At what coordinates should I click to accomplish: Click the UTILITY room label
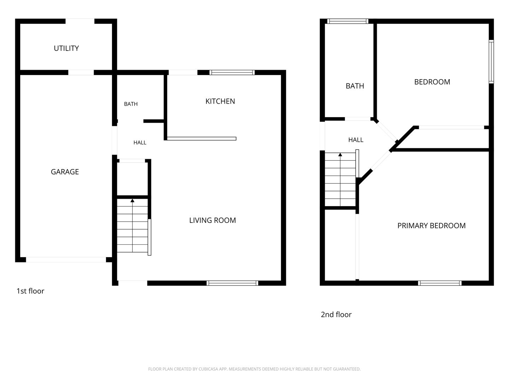(x=66, y=48)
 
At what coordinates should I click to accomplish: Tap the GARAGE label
(x=65, y=172)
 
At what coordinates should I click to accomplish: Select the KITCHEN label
(x=220, y=101)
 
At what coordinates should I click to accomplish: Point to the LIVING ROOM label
(x=212, y=220)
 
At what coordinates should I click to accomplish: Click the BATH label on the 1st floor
(x=131, y=104)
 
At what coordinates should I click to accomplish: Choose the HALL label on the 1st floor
(x=140, y=143)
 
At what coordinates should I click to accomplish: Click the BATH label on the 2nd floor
(x=355, y=86)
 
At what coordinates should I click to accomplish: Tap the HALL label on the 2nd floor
(x=356, y=140)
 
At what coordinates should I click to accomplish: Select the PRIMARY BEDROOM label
(x=431, y=226)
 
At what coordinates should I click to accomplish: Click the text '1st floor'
(x=30, y=291)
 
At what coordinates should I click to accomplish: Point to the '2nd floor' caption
(x=336, y=314)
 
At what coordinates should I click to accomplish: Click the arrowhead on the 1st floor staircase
(x=133, y=201)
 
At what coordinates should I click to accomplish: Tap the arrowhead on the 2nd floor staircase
(x=340, y=155)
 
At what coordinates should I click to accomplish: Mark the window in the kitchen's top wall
(x=232, y=73)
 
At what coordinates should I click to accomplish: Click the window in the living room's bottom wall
(x=232, y=283)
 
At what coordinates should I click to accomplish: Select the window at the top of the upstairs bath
(x=347, y=21)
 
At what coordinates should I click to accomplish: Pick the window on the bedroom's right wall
(x=491, y=62)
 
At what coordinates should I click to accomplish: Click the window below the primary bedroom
(x=440, y=283)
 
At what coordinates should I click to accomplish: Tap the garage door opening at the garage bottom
(x=66, y=260)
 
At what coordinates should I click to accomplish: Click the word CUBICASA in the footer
(x=207, y=369)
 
